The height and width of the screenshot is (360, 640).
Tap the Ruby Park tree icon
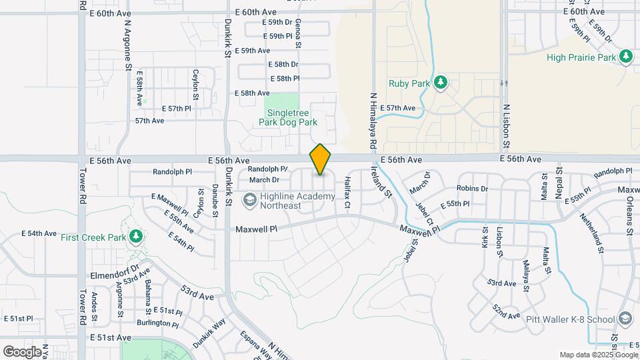point(440,83)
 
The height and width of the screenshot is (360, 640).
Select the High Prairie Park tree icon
point(625,57)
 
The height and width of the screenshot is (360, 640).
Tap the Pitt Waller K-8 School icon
point(625,319)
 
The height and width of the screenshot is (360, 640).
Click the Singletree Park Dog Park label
point(288,118)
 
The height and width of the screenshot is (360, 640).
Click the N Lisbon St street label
point(506,127)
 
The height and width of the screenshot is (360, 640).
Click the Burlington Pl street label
point(158,323)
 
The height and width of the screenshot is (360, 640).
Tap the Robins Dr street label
point(472,189)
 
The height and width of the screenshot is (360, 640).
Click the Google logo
point(22,351)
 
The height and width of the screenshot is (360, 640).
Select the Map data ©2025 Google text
point(598,355)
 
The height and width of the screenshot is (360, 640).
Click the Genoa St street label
point(298,31)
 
